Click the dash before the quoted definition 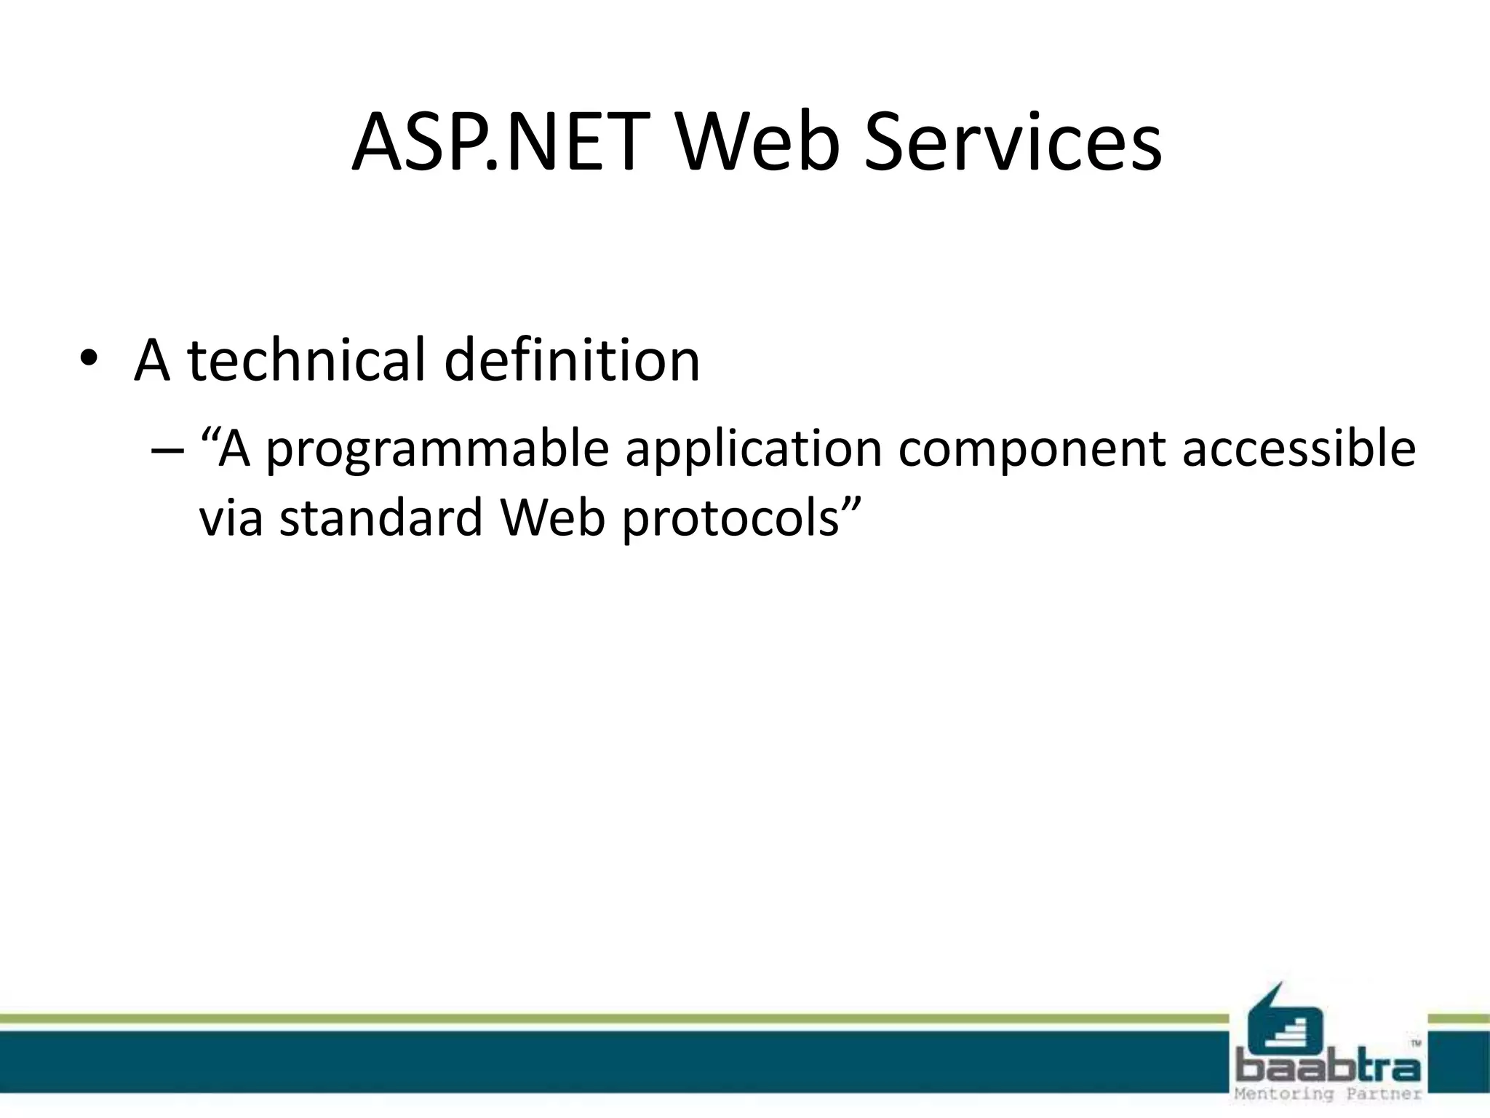click(x=167, y=450)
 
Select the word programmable click(x=437, y=448)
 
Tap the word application click(x=754, y=448)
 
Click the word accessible click(x=1299, y=448)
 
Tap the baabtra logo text click(x=1328, y=1069)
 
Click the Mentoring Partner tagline click(x=1328, y=1094)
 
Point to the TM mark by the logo click(x=1416, y=1044)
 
